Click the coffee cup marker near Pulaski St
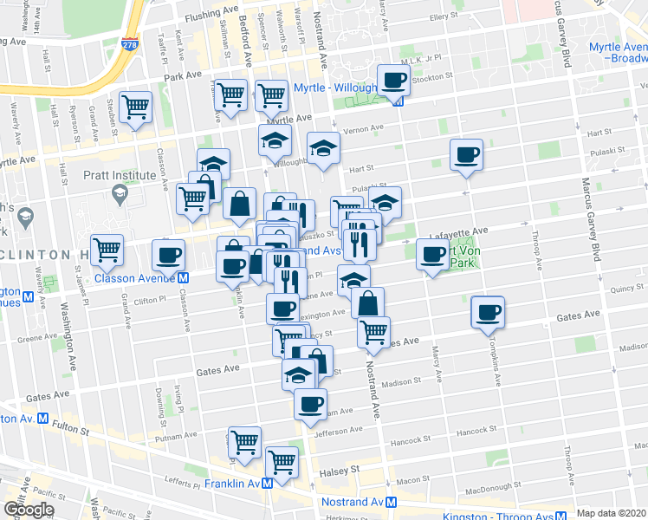pos(466,155)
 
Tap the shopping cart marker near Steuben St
pos(136,107)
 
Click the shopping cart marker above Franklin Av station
pos(282,462)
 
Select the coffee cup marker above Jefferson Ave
pos(310,404)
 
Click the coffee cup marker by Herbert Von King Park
pos(432,254)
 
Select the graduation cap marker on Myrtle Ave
pos(275,140)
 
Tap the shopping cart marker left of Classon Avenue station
pos(107,250)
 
